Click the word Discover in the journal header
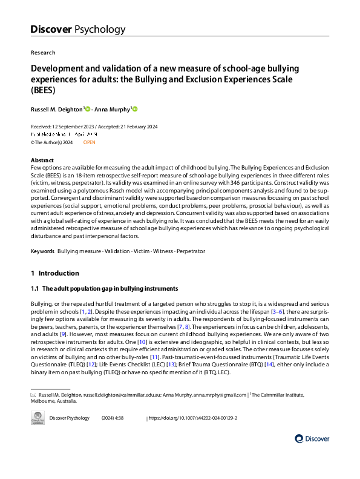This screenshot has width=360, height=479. (x=51, y=28)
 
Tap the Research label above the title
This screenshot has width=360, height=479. (x=42, y=53)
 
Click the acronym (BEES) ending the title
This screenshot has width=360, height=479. (x=43, y=91)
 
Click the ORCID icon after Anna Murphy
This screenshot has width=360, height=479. (x=135, y=109)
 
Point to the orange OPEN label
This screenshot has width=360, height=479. (x=89, y=142)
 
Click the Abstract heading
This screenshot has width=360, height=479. (x=42, y=160)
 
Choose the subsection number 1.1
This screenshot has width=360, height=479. (x=35, y=288)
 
